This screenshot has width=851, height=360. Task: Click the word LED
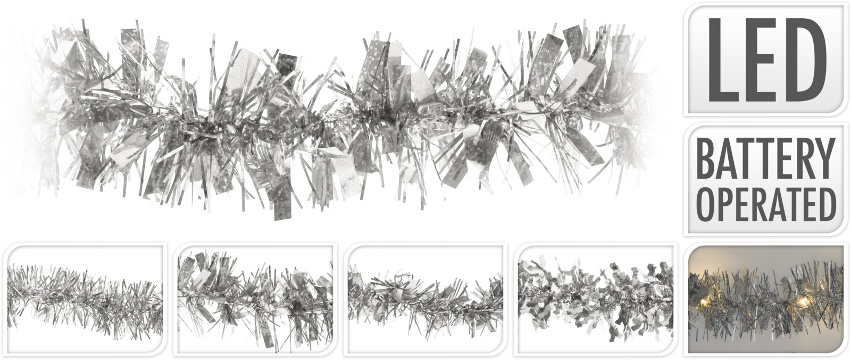766,59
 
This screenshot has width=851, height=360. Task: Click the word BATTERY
765,158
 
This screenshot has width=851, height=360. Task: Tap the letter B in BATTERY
708,158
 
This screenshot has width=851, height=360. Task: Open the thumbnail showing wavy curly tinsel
595,299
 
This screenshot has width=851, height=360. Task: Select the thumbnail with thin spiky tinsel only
85,299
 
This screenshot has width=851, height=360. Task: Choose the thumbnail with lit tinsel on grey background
765,299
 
